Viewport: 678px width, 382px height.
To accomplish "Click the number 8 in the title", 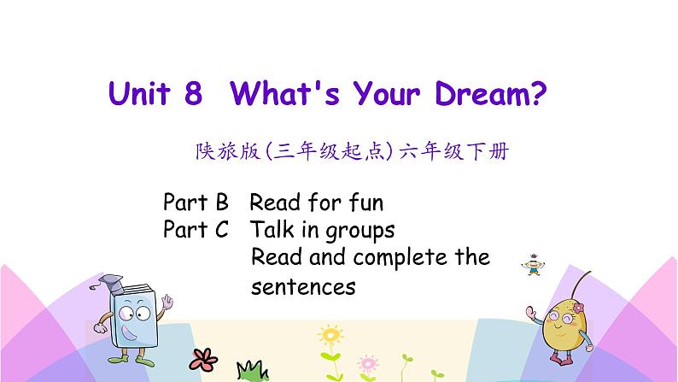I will pos(192,94).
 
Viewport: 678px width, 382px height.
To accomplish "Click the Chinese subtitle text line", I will pos(353,152).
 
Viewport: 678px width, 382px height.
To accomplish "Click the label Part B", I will pos(196,203).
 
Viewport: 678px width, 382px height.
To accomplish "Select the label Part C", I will pos(196,230).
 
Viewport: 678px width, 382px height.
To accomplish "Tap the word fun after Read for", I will pos(365,203).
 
